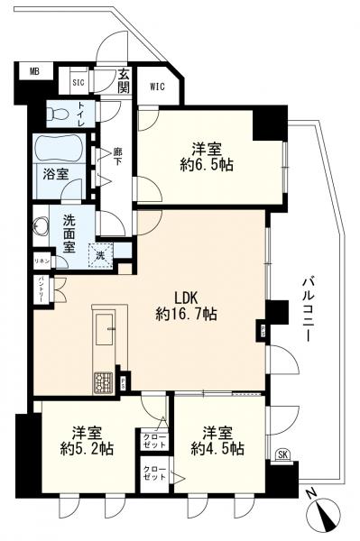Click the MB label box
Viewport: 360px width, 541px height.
pyautogui.click(x=34, y=69)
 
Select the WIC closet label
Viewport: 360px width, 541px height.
pyautogui.click(x=157, y=87)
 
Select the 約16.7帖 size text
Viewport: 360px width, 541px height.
pyautogui.click(x=186, y=314)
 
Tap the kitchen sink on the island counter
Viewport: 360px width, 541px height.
pyautogui.click(x=102, y=324)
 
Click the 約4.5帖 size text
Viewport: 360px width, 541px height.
pyautogui.click(x=217, y=448)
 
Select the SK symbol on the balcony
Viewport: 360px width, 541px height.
pyautogui.click(x=283, y=454)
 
